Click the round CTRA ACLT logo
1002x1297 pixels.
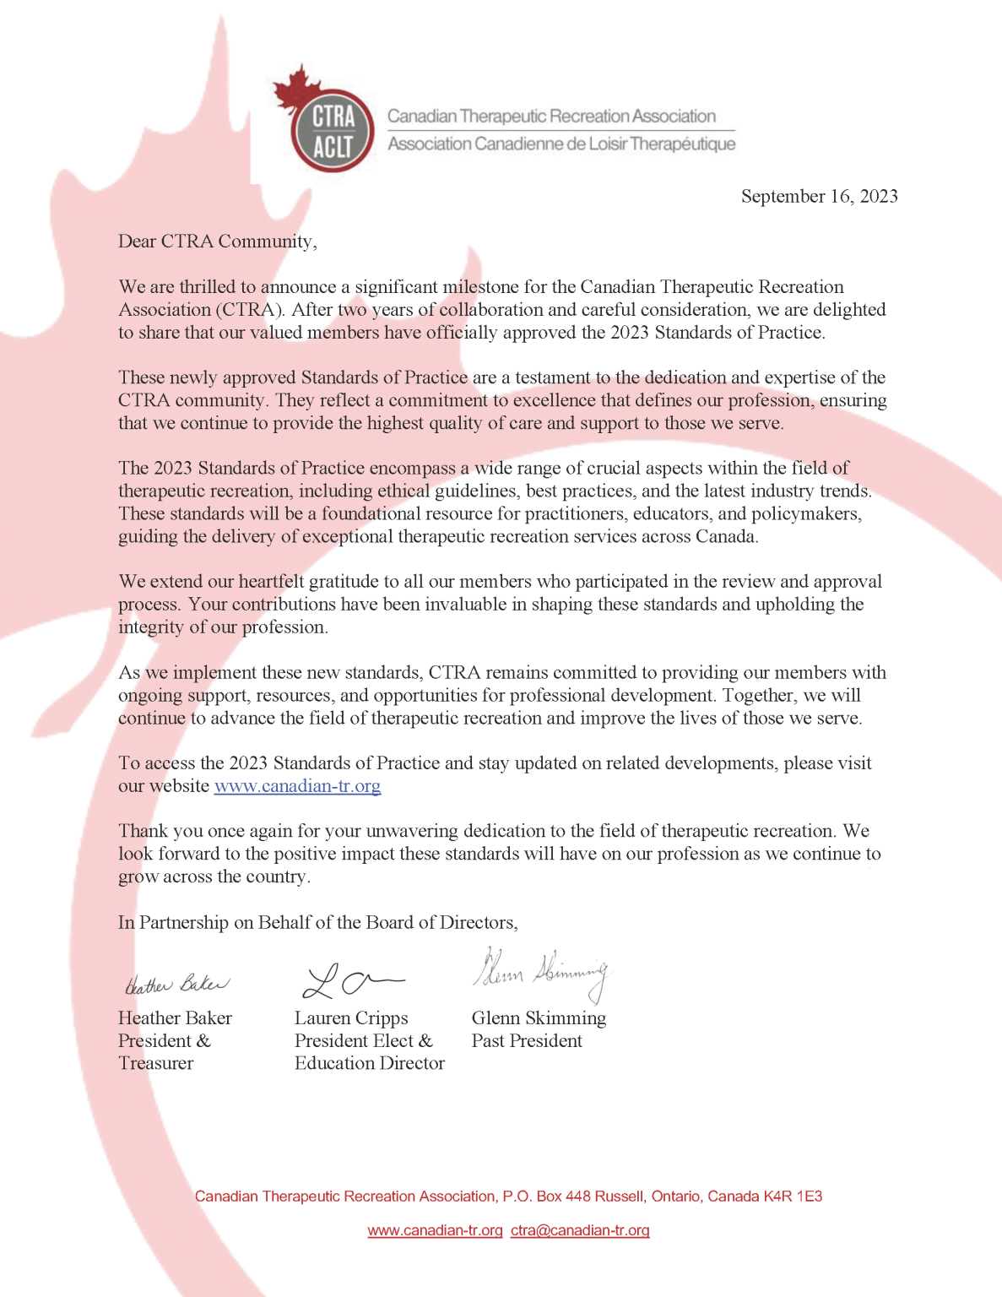[333, 131]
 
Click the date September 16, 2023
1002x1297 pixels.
[819, 197]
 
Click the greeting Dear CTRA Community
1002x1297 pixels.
[217, 241]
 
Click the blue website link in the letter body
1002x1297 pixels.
[297, 786]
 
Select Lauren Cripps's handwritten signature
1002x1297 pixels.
[351, 980]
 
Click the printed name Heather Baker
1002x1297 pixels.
[175, 1018]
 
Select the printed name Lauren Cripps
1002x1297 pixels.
[351, 1018]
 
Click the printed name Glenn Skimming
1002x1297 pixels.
[539, 1018]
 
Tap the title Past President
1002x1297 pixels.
[527, 1041]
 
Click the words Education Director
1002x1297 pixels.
[369, 1064]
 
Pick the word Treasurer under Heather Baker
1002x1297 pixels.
[155, 1064]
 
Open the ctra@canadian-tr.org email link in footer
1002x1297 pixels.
[580, 1230]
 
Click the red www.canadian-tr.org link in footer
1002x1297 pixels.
[435, 1230]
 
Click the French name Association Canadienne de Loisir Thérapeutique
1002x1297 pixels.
[561, 144]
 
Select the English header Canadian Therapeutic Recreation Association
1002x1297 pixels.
[551, 117]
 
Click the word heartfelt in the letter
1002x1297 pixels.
[272, 582]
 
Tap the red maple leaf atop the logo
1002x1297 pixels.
[292, 89]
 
